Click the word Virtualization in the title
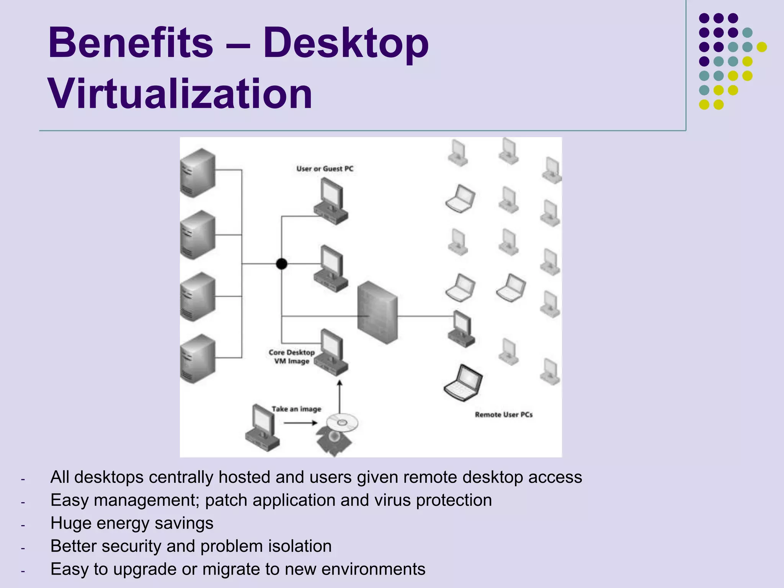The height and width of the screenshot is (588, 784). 180,94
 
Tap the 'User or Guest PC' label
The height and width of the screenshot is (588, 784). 325,169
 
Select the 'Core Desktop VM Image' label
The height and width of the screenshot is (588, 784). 291,357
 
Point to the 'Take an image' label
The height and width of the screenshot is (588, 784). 296,409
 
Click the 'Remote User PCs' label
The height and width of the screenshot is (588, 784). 503,415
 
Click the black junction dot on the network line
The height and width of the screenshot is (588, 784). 281,264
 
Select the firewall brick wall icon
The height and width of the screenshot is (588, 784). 377,312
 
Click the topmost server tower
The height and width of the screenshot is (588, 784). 198,173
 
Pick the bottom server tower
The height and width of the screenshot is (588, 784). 198,359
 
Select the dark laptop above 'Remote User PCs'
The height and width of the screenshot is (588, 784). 463,383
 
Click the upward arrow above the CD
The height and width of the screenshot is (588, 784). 340,396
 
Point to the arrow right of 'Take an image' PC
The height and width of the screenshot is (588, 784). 301,423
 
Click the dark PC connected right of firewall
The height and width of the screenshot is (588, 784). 461,329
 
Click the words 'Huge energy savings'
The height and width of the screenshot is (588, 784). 132,523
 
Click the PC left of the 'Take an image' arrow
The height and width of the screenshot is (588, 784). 262,428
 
